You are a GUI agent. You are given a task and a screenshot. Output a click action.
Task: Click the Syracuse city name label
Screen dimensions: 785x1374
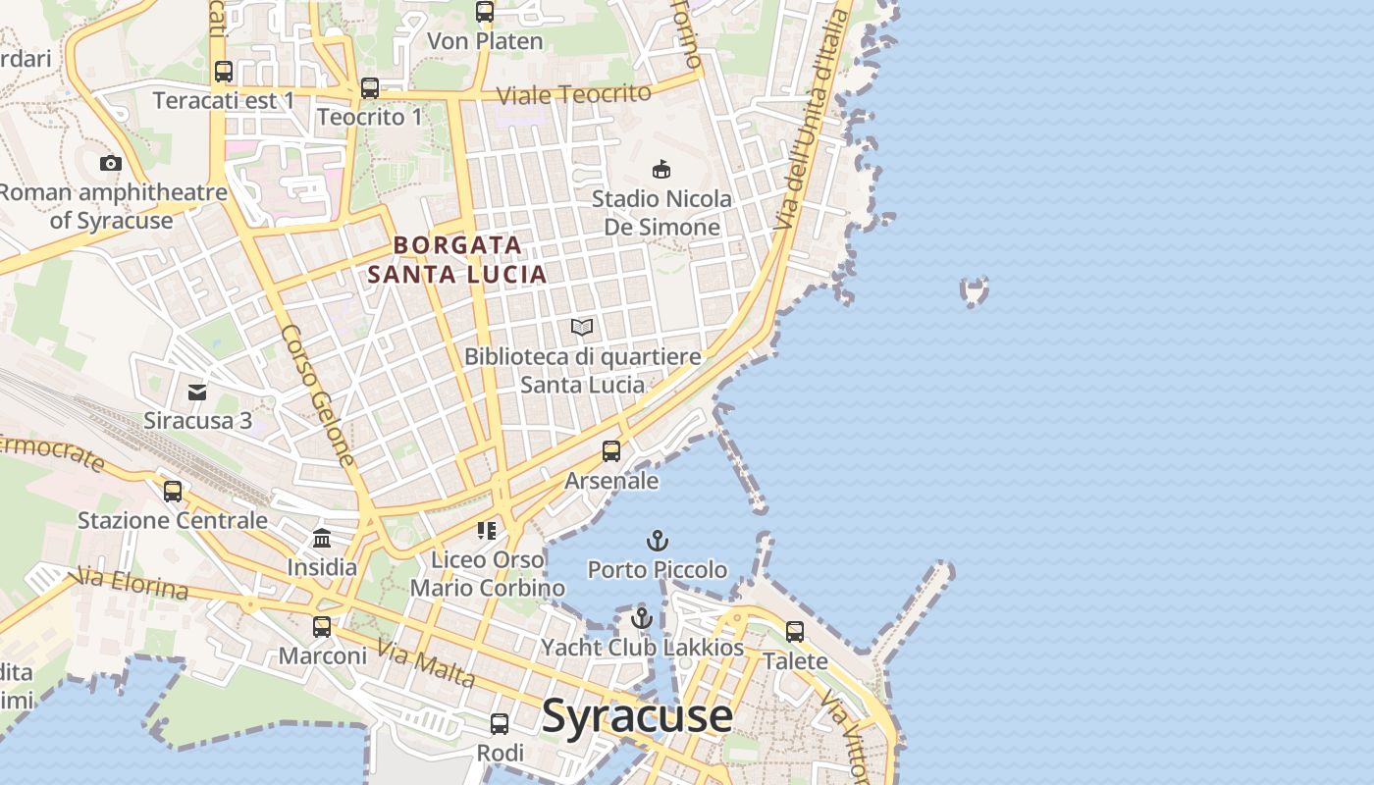click(x=636, y=715)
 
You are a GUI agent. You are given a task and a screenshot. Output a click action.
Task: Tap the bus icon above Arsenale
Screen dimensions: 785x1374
click(x=611, y=451)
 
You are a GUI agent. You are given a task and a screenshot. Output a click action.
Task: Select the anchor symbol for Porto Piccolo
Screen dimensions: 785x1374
click(x=657, y=541)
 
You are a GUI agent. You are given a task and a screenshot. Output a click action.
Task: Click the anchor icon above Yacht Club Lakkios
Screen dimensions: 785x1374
click(x=642, y=618)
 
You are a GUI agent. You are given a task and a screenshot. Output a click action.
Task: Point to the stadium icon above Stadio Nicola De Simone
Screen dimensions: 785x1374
click(x=661, y=170)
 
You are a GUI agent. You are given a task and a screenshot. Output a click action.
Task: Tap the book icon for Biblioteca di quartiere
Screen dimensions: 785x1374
click(x=582, y=327)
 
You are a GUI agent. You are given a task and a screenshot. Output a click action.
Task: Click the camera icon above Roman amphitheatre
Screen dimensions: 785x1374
click(x=111, y=163)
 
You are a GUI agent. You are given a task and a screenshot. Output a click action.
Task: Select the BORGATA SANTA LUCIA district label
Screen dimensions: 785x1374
click(x=457, y=260)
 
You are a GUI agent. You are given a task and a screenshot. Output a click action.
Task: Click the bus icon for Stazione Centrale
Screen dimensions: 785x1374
click(x=173, y=491)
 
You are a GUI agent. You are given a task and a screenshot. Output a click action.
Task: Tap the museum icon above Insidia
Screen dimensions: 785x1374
click(x=322, y=538)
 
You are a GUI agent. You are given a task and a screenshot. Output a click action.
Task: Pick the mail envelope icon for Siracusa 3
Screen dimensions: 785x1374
click(x=197, y=392)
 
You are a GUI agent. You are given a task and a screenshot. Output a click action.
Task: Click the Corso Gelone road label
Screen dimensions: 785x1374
click(x=317, y=394)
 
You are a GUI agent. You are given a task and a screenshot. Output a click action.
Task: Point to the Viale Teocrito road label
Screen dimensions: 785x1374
click(x=574, y=95)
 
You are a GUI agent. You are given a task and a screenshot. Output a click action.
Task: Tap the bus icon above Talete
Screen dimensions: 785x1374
click(x=795, y=632)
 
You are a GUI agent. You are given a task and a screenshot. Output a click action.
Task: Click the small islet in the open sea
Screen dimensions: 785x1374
click(x=974, y=291)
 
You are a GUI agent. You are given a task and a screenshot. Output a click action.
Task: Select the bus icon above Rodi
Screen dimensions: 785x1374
click(x=500, y=724)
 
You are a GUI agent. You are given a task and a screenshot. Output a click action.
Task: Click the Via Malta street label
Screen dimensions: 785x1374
click(x=426, y=664)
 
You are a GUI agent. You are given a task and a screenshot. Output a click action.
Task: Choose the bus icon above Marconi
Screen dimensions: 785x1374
click(x=322, y=626)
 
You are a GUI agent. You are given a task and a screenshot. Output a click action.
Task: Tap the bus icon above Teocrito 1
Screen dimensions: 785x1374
click(x=369, y=88)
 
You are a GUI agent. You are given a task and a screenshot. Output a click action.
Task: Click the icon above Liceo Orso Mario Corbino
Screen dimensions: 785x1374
click(x=487, y=531)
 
